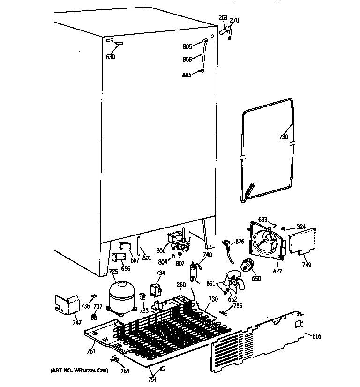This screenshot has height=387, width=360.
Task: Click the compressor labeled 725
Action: coord(121,295)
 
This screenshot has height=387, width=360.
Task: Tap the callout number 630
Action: coord(110,57)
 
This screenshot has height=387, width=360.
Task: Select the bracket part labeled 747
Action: coord(67,305)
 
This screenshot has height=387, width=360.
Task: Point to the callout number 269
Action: coord(223,18)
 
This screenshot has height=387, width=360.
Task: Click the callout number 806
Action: coord(187,60)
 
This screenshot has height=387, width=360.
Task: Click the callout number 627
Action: coord(277,271)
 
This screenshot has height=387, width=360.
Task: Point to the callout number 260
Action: coord(181,284)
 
